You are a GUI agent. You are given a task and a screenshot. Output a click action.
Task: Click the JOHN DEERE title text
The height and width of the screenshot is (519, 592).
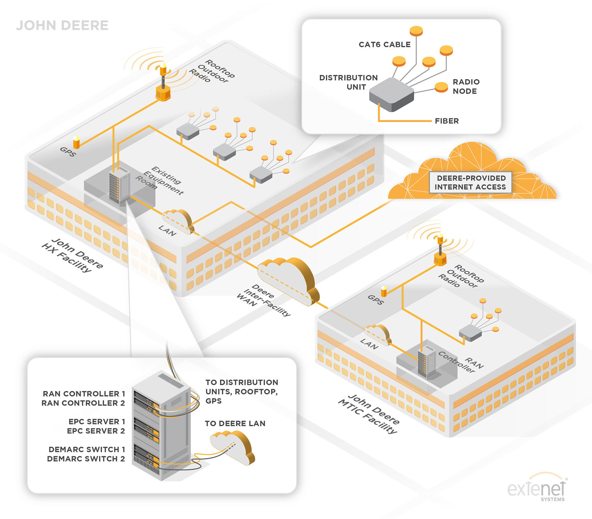(x=62, y=26)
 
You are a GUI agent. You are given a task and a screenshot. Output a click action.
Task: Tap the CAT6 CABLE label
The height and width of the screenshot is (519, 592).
(x=384, y=45)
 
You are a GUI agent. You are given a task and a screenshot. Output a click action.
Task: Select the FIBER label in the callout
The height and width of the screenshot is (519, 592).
(x=447, y=121)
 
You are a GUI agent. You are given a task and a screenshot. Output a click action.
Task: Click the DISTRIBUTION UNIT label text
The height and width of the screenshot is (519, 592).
(x=348, y=82)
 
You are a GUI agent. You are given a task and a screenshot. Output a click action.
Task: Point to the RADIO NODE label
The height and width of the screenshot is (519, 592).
(x=466, y=87)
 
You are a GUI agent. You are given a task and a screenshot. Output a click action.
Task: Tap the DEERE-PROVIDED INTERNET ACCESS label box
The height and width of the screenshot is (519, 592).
(x=471, y=183)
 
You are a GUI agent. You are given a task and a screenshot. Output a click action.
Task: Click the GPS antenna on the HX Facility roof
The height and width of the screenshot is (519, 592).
(x=76, y=142)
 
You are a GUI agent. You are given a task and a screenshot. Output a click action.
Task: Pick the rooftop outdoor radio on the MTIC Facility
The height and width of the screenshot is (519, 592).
(x=440, y=253)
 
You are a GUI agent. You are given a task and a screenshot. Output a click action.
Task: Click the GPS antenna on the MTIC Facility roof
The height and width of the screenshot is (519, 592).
(x=384, y=291)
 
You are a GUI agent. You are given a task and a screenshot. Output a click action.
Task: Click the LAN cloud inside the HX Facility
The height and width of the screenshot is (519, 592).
(x=178, y=221)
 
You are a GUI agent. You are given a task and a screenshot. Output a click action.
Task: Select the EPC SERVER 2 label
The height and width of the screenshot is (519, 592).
(x=96, y=431)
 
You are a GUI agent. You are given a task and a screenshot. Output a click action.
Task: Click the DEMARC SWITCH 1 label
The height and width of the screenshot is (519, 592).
(x=87, y=449)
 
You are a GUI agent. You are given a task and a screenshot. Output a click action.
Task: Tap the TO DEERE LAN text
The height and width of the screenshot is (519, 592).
(x=235, y=423)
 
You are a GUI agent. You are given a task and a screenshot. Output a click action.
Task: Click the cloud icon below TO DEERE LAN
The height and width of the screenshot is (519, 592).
(x=233, y=447)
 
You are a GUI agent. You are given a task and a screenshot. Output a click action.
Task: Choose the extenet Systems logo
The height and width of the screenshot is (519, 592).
(x=537, y=489)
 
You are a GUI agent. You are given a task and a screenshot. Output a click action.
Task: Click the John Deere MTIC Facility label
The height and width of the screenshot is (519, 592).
(x=369, y=414)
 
